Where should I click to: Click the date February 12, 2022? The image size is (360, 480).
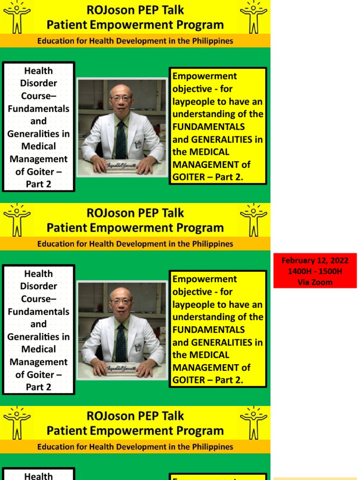pyautogui.click(x=315, y=261)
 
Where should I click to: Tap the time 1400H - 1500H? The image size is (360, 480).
pyautogui.click(x=315, y=271)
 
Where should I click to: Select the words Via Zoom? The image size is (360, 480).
pyautogui.click(x=315, y=282)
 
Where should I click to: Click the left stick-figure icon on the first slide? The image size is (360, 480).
pyautogui.click(x=17, y=17)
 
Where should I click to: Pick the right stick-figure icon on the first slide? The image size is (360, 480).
pyautogui.click(x=254, y=17)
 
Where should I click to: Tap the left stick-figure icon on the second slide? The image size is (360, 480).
pyautogui.click(x=17, y=219)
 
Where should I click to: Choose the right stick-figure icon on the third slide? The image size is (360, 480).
pyautogui.click(x=254, y=422)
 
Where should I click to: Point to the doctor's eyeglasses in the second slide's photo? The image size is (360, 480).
pyautogui.click(x=121, y=301)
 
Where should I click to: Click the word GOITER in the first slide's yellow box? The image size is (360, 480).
pyautogui.click(x=188, y=177)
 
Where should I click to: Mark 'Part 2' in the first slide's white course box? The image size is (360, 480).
pyautogui.click(x=38, y=184)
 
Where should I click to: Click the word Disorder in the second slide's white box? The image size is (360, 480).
pyautogui.click(x=38, y=286)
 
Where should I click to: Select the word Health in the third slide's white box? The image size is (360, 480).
pyautogui.click(x=38, y=476)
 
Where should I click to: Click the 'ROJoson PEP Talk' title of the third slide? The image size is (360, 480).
pyautogui.click(x=135, y=416)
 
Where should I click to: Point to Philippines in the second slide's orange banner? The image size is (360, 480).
pyautogui.click(x=210, y=244)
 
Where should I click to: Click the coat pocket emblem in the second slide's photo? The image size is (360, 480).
pyautogui.click(x=139, y=347)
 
